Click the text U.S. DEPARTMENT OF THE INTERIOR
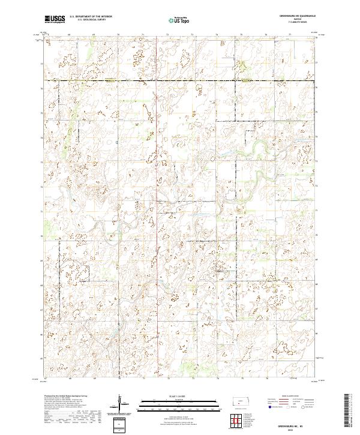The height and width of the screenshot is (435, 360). coord(91,17)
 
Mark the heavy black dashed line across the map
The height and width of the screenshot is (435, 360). coord(180,80)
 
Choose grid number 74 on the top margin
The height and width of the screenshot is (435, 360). coord(217,35)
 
